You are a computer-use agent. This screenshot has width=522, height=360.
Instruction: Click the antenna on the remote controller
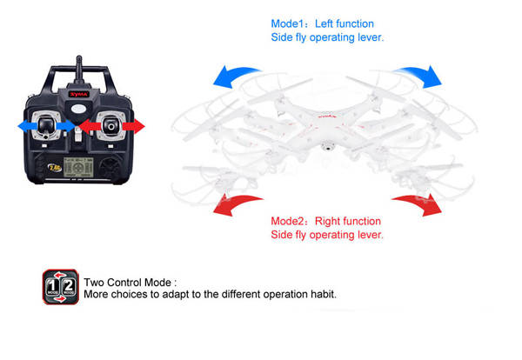click(x=79, y=70)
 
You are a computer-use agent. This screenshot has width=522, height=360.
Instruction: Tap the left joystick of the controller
click(x=45, y=126)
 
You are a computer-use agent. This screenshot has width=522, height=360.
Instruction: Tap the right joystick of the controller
click(x=110, y=126)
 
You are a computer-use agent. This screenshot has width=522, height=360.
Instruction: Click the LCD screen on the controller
click(x=78, y=167)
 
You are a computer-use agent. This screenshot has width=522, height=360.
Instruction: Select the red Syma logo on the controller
click(x=79, y=94)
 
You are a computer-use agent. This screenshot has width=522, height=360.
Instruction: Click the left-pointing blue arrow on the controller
click(x=27, y=126)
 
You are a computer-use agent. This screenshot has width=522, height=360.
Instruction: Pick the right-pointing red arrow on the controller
click(x=134, y=126)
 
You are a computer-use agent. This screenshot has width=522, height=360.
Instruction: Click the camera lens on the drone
click(x=328, y=146)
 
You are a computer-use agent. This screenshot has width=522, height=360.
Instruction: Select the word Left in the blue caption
click(x=324, y=23)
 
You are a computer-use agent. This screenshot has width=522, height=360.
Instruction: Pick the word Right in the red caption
click(x=326, y=221)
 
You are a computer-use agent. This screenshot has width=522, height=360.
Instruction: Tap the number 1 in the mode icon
click(x=52, y=286)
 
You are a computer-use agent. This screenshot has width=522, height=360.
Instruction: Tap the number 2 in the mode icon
click(x=69, y=285)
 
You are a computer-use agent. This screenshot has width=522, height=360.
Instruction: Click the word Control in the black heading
click(x=125, y=283)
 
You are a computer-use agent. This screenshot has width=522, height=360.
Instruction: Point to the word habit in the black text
click(x=324, y=294)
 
